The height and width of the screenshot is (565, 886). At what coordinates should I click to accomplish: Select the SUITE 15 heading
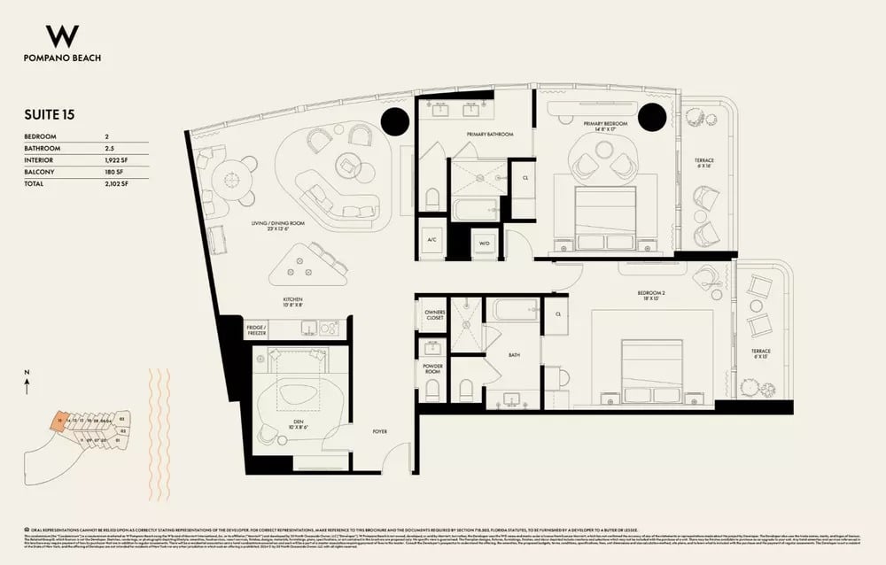(x=49, y=115)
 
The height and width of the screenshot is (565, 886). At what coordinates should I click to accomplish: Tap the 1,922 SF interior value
(x=117, y=160)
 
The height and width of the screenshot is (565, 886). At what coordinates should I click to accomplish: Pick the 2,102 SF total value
(x=117, y=183)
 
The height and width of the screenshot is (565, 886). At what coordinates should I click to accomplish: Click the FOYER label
(x=379, y=431)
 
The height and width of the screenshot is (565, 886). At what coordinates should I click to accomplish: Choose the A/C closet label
(x=431, y=239)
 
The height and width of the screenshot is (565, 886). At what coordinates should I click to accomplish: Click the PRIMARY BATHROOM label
(x=490, y=134)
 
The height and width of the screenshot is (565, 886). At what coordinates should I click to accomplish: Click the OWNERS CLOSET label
(x=433, y=315)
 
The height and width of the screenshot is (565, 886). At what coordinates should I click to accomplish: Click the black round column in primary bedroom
(x=651, y=116)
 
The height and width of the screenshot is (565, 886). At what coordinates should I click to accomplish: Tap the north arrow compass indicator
(x=27, y=383)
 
